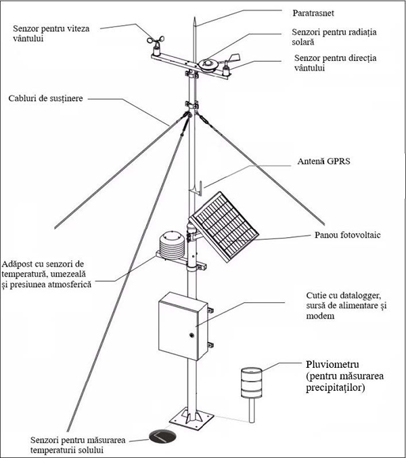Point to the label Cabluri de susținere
(47, 98)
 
